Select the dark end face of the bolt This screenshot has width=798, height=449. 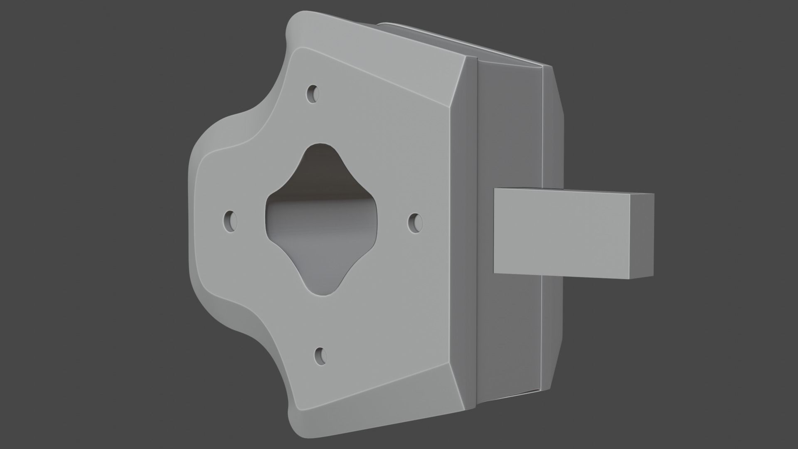642,235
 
